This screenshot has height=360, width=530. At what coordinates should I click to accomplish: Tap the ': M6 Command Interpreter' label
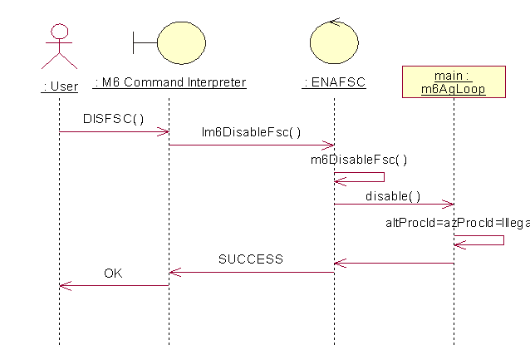169,82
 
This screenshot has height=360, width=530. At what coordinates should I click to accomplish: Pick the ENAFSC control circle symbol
334,42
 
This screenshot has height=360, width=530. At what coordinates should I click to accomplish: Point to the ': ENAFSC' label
334,82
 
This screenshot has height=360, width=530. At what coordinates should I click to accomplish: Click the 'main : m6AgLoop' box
454,81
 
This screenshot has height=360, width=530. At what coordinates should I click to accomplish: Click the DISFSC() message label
113,118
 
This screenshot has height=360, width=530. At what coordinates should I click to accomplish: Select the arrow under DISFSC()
114,131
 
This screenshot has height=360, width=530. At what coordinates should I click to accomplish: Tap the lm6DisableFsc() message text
251,131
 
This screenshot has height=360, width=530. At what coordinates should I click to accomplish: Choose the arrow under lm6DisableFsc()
251,145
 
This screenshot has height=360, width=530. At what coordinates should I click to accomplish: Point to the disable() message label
393,196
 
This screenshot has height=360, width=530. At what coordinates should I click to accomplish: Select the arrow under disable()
394,204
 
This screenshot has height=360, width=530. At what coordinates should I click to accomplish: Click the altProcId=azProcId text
457,223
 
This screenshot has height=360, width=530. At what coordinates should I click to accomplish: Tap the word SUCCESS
250,259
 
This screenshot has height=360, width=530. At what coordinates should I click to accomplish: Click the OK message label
114,273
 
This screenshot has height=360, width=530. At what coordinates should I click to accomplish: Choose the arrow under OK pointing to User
114,285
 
